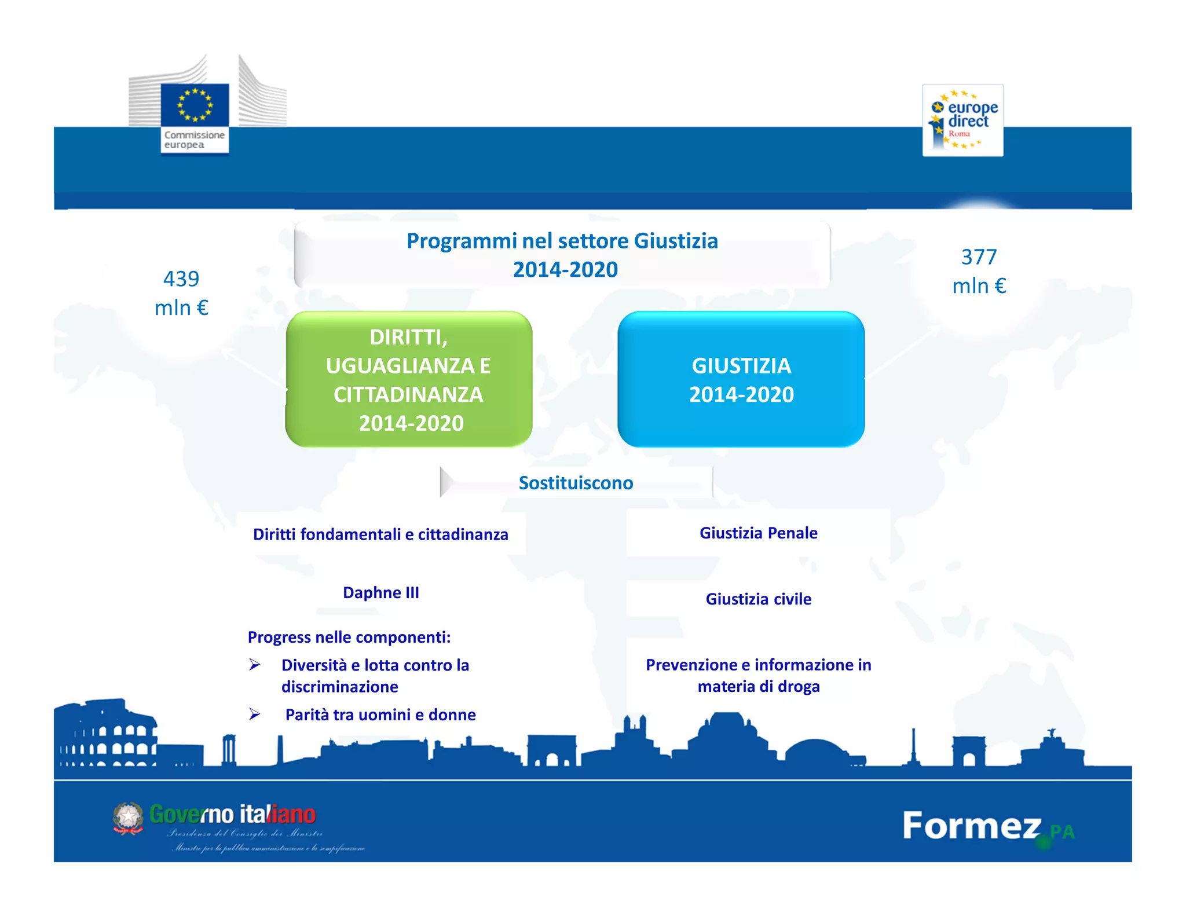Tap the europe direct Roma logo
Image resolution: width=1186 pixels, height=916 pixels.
(x=962, y=120)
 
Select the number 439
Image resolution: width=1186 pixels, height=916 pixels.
(x=181, y=279)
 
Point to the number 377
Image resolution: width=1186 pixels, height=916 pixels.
(x=979, y=257)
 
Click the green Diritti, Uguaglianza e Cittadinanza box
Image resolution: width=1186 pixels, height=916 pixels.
(x=409, y=379)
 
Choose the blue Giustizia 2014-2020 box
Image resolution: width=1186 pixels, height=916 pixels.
(x=741, y=379)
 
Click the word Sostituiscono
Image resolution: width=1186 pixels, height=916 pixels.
(x=576, y=483)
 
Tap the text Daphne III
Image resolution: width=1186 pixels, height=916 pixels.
(x=381, y=593)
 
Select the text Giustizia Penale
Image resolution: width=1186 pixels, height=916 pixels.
(x=758, y=533)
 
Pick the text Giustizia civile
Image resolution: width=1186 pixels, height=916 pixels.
(x=758, y=599)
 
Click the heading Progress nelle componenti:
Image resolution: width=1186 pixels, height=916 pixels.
(x=349, y=637)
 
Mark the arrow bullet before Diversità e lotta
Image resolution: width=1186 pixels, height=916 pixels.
(x=255, y=665)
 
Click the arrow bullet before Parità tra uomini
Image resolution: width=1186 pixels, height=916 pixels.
(x=255, y=715)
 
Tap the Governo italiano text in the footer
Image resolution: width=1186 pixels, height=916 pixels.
(x=232, y=815)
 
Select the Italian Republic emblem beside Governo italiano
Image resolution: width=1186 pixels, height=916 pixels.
(x=128, y=818)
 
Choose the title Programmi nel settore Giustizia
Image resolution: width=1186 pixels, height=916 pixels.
(x=562, y=241)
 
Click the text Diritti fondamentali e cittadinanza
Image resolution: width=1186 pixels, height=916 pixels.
(x=380, y=534)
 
